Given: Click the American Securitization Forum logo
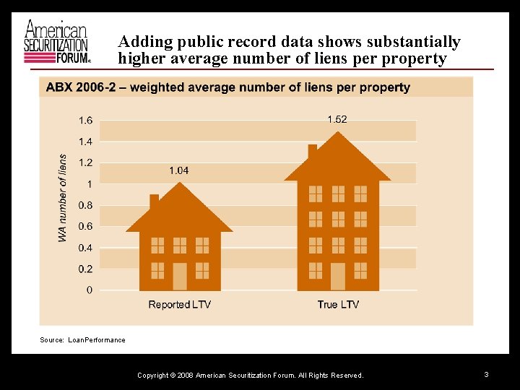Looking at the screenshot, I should click(x=57, y=41).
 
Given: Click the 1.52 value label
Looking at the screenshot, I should click(x=337, y=119).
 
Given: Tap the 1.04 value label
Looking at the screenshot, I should click(x=179, y=170).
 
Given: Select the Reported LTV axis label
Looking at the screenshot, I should click(x=179, y=305).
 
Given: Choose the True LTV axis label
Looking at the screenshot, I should click(x=337, y=305).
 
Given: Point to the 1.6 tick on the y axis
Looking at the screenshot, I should click(x=85, y=121).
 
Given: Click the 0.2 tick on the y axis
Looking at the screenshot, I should click(x=85, y=269).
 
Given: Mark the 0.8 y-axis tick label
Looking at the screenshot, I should click(x=85, y=206).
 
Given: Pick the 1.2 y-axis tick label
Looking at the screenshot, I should click(x=85, y=163).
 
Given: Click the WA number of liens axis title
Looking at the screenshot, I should click(x=63, y=198).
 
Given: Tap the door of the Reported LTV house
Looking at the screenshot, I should click(x=180, y=276).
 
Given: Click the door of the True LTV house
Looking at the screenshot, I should click(x=338, y=276).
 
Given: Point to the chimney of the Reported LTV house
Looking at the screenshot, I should click(x=154, y=201).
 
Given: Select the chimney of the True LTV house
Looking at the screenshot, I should click(x=313, y=151).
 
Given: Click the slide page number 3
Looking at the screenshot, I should click(x=487, y=374).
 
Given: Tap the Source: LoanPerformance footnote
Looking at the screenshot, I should click(x=82, y=340).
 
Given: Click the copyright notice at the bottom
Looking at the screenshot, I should click(x=250, y=376).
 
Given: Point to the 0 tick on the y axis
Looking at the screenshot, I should click(x=89, y=290).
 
